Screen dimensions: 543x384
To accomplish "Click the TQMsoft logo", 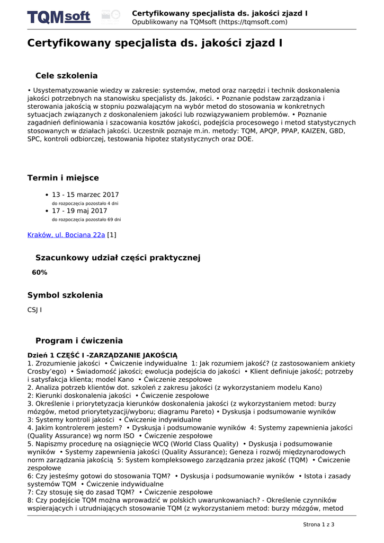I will (59, 17).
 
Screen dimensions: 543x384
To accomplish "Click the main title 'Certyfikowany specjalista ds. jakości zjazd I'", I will (155, 43).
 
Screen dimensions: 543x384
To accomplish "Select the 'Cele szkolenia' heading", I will (66, 76).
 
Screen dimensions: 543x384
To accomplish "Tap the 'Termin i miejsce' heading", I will (63, 178).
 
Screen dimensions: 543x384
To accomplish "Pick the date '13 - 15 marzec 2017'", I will (85, 195).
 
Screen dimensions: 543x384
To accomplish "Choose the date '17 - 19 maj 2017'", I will (79, 211).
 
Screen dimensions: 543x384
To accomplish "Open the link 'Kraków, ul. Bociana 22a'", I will (66, 234).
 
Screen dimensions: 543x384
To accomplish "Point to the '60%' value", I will (40, 272).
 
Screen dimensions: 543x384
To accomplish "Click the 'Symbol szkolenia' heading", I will (65, 295).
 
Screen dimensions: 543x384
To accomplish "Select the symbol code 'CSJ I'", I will (34, 310).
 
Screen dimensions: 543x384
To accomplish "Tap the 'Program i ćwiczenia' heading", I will (79, 340).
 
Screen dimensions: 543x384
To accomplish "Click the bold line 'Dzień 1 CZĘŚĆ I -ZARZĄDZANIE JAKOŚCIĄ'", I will (102, 355).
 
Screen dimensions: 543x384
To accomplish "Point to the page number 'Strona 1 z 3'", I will (318, 524).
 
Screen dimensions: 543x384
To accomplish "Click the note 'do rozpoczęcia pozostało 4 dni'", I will (85, 203).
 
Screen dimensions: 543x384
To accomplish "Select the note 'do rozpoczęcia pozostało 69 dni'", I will (86, 219).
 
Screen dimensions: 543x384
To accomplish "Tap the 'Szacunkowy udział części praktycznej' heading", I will (118, 258).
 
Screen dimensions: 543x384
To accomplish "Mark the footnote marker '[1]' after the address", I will (112, 234).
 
